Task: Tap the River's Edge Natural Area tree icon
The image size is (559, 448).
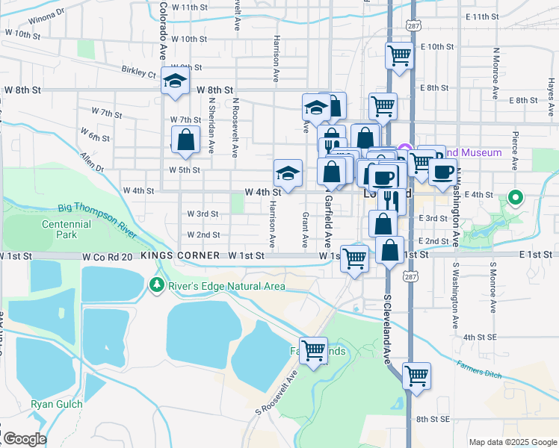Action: pos(156,284)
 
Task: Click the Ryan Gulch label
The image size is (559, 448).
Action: pos(51,405)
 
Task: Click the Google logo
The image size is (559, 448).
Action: pos(24,439)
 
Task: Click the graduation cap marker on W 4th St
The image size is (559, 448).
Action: pos(288,174)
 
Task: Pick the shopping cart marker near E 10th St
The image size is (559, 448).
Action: pos(400,55)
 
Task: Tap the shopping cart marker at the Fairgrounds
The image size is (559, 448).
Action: pos(314,349)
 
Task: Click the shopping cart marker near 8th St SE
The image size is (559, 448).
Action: pos(416,375)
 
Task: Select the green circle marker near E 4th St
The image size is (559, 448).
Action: pos(514,198)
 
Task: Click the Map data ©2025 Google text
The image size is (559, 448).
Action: pos(512,441)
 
